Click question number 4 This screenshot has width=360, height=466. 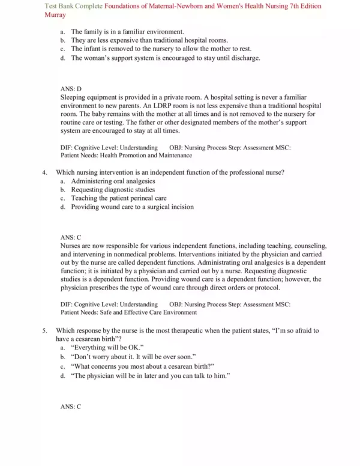(x=45, y=172)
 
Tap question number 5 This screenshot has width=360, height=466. (x=45, y=331)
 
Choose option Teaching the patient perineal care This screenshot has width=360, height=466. (x=118, y=198)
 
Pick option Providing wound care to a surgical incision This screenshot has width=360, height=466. (x=132, y=207)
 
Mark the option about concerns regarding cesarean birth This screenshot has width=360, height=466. (x=142, y=366)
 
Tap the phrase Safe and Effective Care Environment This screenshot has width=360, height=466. (x=150, y=312)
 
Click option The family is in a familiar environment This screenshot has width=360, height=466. (x=127, y=31)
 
